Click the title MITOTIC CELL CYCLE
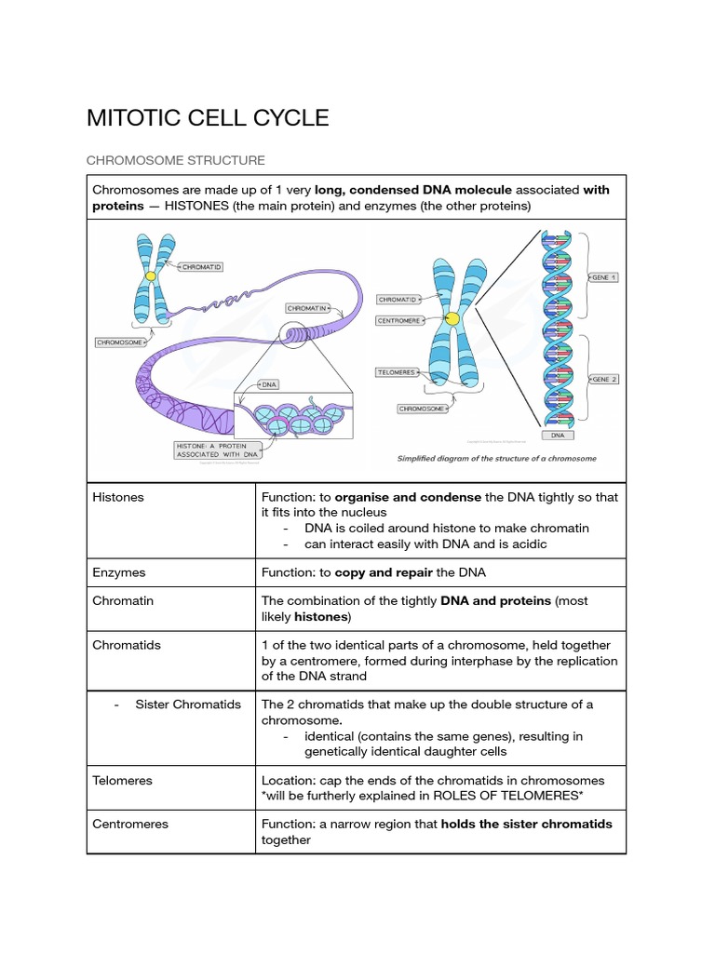[x=208, y=118]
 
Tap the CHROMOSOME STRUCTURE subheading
[x=176, y=160]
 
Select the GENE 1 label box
[x=604, y=277]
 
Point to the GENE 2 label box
[x=604, y=379]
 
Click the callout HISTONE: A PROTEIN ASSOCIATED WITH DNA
[x=219, y=450]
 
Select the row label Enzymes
[x=119, y=572]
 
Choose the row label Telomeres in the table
[x=123, y=780]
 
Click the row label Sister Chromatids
[x=188, y=704]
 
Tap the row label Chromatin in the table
[x=123, y=600]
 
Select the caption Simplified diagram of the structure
[x=497, y=458]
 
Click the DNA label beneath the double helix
[x=558, y=435]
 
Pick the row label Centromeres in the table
[x=130, y=824]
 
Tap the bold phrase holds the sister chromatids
[x=526, y=824]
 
